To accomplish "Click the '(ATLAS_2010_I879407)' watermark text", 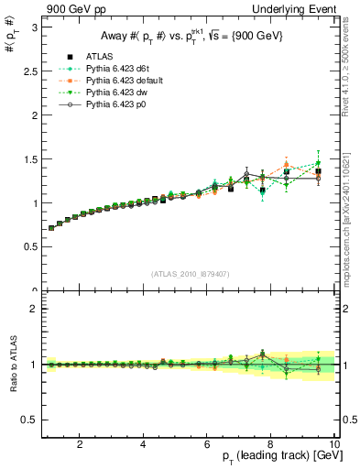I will coord(189,272).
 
